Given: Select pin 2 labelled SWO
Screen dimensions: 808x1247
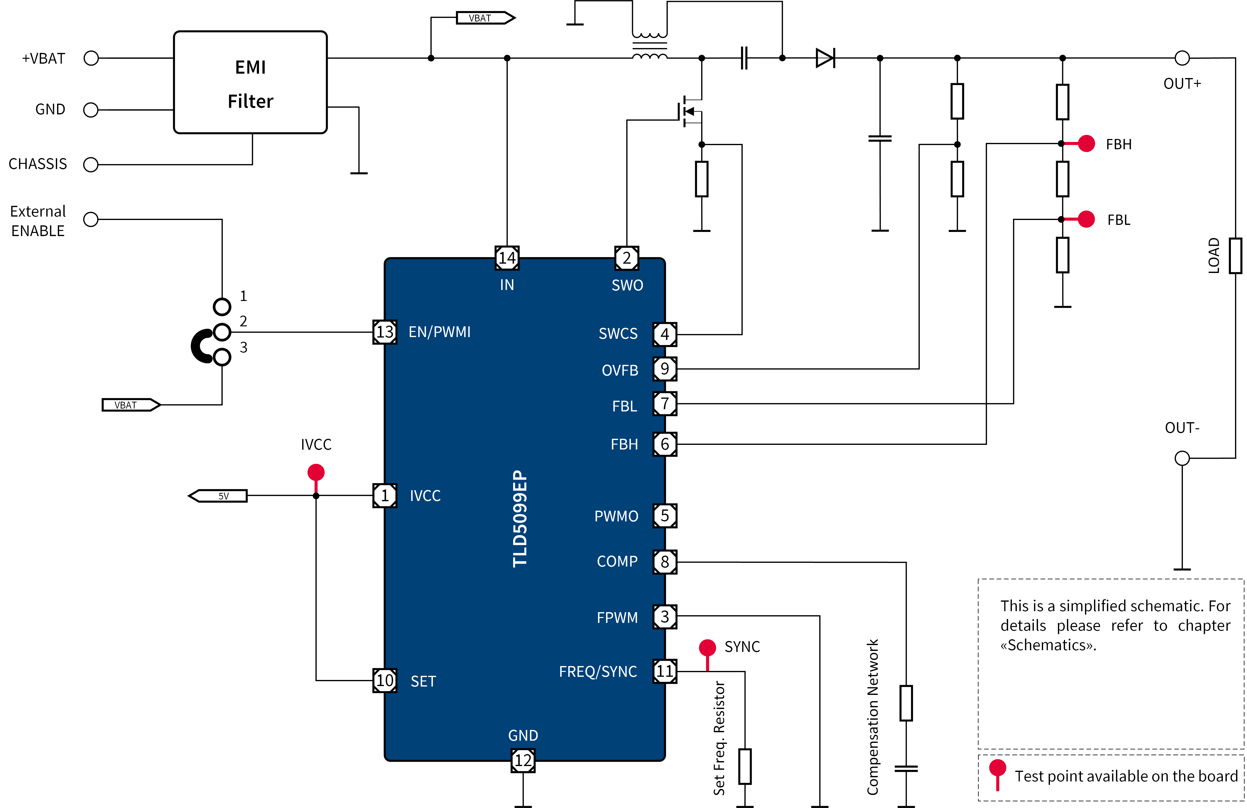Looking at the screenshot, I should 627,258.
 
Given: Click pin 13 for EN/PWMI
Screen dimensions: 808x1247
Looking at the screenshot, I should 385,332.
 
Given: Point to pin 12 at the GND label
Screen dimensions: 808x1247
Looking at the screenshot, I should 523,760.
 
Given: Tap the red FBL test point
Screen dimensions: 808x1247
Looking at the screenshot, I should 1086,219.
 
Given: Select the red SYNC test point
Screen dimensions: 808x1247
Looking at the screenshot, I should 707,648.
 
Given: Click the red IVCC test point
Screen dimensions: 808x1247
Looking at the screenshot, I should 316,472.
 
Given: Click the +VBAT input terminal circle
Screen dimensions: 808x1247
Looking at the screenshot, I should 91,58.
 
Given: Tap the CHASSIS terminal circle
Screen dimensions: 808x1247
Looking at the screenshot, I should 91,165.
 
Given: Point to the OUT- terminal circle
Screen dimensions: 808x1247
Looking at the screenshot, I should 1182,458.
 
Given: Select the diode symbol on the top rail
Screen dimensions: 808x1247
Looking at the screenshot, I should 825,58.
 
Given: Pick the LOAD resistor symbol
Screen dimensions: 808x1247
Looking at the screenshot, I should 1236,256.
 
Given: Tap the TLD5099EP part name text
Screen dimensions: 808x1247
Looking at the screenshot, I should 520,519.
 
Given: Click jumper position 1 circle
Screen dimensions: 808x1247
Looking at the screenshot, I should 222,307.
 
